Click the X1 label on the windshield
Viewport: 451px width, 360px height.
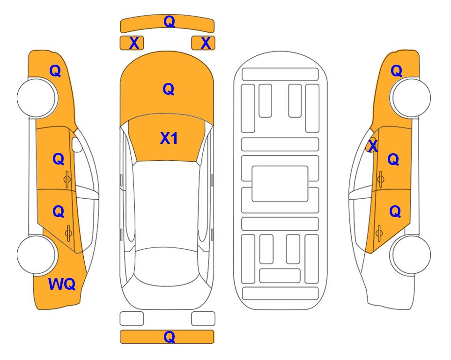(x=169, y=138)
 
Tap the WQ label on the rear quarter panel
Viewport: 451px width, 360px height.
(x=62, y=284)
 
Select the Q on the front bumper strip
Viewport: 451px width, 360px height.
(x=169, y=22)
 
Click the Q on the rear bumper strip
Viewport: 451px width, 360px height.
(x=169, y=337)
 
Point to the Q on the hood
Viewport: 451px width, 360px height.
(x=169, y=89)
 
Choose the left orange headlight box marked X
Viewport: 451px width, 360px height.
(x=132, y=43)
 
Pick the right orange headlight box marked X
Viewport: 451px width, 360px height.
(x=203, y=43)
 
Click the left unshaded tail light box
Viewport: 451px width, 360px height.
(x=132, y=319)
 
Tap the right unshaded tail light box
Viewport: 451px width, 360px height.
(x=203, y=319)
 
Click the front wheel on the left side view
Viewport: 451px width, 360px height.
(x=37, y=98)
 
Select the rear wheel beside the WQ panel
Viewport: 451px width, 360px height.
(x=37, y=255)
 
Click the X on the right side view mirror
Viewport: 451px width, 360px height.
(x=373, y=145)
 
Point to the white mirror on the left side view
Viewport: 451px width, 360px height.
(x=77, y=145)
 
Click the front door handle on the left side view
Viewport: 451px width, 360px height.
(x=67, y=179)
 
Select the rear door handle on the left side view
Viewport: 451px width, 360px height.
(x=68, y=233)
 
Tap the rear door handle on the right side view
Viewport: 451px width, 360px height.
(x=379, y=233)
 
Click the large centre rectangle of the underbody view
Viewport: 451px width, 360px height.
(x=280, y=184)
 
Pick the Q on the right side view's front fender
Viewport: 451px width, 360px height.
(x=396, y=71)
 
